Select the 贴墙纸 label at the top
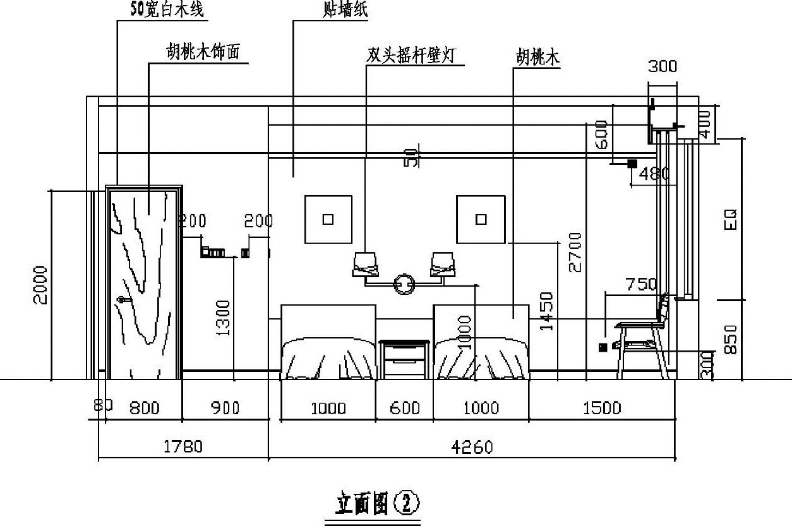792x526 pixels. (x=345, y=11)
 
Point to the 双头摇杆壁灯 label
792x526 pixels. (x=415, y=55)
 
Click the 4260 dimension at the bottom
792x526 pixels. (x=473, y=447)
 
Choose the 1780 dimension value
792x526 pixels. (x=183, y=447)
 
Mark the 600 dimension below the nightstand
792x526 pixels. (x=404, y=408)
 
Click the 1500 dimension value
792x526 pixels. (x=602, y=408)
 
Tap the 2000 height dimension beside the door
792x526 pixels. (x=40, y=285)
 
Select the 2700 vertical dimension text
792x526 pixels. (x=575, y=252)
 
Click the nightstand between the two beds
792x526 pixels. (x=404, y=359)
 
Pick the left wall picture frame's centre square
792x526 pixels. (x=328, y=219)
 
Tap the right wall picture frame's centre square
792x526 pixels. (x=481, y=219)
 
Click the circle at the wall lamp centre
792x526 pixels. (x=404, y=284)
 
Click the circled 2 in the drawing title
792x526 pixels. (x=407, y=504)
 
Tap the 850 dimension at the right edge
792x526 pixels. (x=730, y=339)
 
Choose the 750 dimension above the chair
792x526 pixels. (x=641, y=285)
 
